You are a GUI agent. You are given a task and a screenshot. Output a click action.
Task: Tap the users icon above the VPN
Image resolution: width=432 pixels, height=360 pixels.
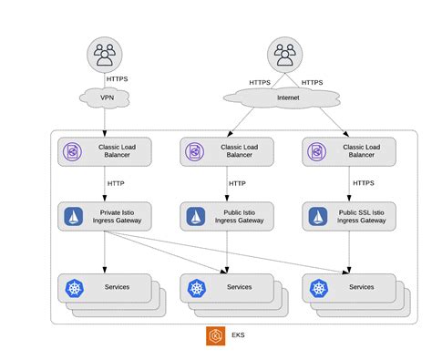[105, 55]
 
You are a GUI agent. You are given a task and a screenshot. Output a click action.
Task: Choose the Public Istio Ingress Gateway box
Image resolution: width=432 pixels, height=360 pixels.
[226, 216]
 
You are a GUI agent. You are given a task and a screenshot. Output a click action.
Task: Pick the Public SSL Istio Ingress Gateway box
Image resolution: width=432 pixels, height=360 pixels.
[347, 216]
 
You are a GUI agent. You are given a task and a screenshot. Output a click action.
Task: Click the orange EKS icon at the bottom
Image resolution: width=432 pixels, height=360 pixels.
[215, 335]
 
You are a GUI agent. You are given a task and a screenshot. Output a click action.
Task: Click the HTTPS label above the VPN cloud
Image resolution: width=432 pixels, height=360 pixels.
[118, 78]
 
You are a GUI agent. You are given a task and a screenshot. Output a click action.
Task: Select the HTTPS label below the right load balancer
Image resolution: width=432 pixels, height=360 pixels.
[362, 183]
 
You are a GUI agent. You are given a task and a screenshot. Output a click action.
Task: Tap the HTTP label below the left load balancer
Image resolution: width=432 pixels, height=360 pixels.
[117, 183]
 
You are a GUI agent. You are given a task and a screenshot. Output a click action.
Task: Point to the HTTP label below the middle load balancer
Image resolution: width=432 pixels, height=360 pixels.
[237, 183]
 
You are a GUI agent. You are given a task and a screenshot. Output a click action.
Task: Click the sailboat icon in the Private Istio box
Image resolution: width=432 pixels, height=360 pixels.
[73, 216]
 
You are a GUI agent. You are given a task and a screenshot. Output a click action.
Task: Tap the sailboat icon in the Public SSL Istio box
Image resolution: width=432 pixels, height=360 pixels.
[316, 216]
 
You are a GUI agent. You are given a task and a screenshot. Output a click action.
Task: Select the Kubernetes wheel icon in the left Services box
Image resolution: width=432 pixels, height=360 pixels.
[73, 288]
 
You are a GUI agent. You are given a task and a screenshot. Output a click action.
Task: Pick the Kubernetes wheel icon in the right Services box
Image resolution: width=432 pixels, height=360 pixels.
[316, 288]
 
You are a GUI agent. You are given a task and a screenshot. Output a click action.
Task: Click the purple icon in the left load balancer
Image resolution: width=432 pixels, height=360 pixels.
[73, 151]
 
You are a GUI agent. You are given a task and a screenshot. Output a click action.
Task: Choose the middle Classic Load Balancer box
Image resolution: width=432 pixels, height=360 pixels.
[226, 151]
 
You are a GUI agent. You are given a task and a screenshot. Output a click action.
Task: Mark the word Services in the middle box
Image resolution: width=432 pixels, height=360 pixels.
[239, 287]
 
